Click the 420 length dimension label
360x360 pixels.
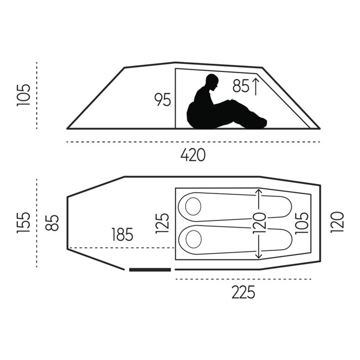pyautogui.click(x=193, y=155)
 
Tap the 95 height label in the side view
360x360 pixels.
pyautogui.click(x=163, y=100)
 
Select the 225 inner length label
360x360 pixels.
pyautogui.click(x=243, y=292)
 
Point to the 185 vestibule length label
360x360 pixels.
pyautogui.click(x=122, y=234)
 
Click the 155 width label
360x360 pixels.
pyautogui.click(x=23, y=223)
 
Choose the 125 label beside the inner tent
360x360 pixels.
pyautogui.click(x=162, y=223)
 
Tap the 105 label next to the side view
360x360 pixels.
pyautogui.click(x=23, y=95)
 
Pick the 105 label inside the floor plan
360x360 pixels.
pyautogui.click(x=302, y=223)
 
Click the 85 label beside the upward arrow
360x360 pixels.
pyautogui.click(x=241, y=86)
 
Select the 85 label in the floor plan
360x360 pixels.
pyautogui.click(x=52, y=223)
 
